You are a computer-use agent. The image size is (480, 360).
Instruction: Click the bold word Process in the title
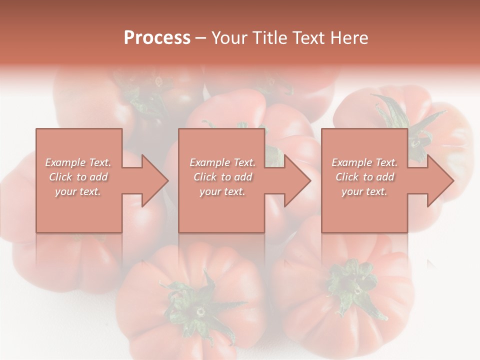[x=157, y=38]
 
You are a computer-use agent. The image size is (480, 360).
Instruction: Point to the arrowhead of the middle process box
[x=296, y=180]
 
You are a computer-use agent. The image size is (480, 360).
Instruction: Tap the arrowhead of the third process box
[x=439, y=180]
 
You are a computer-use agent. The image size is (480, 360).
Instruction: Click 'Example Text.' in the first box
[x=78, y=162]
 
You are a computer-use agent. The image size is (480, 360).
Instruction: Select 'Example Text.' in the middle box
[x=222, y=162]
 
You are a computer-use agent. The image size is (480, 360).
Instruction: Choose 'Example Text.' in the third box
[x=364, y=162]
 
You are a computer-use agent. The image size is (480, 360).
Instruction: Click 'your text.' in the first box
[x=78, y=191]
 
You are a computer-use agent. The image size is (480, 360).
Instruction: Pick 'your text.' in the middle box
[x=222, y=191]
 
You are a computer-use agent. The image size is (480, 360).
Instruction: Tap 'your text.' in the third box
[x=364, y=191]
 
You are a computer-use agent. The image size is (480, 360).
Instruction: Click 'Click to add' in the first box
[x=78, y=177]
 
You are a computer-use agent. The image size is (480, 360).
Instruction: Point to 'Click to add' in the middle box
[x=222, y=177]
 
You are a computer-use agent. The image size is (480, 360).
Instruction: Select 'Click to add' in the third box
[x=364, y=177]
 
